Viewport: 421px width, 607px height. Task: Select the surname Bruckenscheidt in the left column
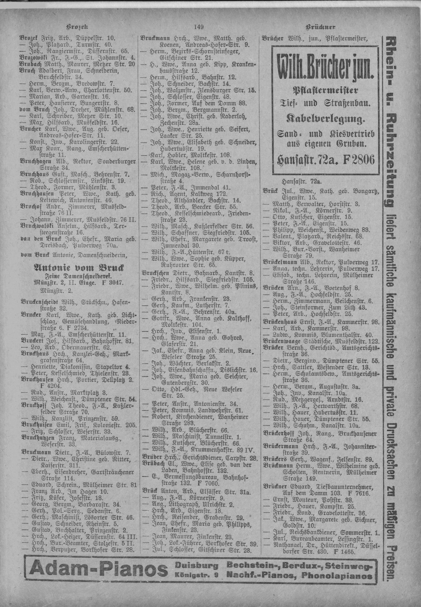[x=38, y=302]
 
